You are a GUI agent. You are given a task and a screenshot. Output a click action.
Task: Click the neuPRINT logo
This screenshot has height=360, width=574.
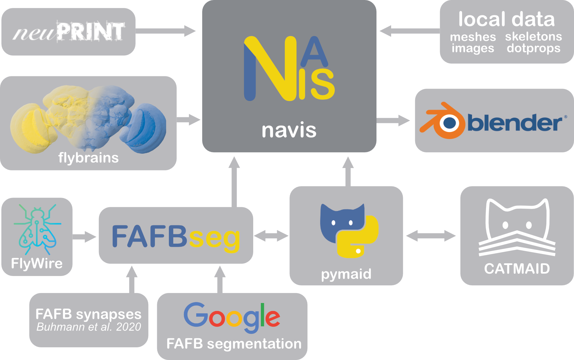tap(69, 31)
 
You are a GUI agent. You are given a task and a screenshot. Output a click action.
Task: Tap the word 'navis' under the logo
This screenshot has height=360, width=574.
tap(289, 130)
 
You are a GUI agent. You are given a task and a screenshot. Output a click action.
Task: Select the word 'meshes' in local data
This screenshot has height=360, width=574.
tap(473, 37)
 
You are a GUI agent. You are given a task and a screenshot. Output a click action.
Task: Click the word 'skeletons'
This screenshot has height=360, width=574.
tap(533, 36)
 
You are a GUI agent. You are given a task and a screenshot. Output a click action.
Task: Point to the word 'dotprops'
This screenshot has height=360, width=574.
tap(533, 49)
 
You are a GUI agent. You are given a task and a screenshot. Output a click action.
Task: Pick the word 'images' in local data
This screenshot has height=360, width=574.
tap(473, 49)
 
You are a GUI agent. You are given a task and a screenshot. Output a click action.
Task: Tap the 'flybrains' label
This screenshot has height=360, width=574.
tap(88, 158)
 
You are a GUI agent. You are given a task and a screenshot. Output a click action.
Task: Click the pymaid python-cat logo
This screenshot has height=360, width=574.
tap(349, 231)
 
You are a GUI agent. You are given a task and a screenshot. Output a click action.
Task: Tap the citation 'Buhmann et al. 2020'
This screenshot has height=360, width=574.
tap(89, 327)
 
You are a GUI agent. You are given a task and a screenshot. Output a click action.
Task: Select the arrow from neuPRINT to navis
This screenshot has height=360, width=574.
tap(166, 31)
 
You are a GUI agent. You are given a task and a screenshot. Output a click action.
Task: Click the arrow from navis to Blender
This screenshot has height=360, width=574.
tap(393, 120)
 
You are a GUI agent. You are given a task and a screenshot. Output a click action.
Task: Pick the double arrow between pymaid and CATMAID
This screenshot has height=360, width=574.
tap(431, 236)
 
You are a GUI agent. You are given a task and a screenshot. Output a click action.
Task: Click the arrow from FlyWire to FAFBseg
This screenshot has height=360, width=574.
tap(84, 237)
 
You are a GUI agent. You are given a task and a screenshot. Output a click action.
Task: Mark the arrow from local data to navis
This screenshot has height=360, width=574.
tap(410, 31)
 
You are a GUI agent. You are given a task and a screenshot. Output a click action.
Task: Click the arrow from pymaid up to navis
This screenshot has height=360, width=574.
tap(348, 171)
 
